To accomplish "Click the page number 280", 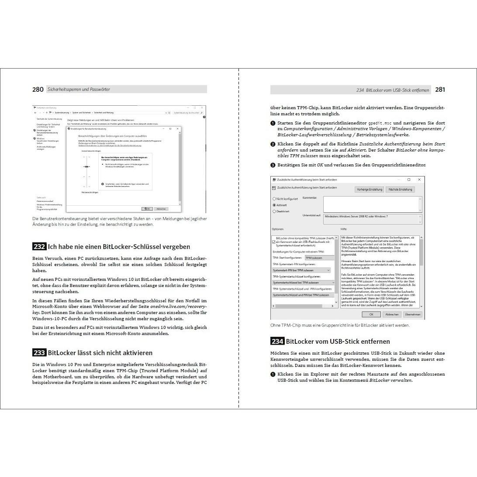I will click(x=38, y=90).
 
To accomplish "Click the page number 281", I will click(x=440, y=90).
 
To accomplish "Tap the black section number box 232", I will click(x=39, y=247).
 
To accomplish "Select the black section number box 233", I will click(x=39, y=353).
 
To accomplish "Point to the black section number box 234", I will click(x=277, y=342).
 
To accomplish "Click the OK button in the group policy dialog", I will click(x=371, y=314).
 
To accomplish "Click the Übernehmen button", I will click(x=412, y=314).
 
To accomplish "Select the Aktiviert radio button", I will click(x=274, y=205).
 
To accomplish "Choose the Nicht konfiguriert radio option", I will click(x=274, y=199).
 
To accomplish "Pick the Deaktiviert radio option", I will click(x=274, y=211).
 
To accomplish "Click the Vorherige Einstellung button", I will click(x=370, y=190).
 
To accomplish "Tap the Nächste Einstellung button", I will click(x=400, y=190).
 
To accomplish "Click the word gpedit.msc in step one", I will click(x=380, y=123).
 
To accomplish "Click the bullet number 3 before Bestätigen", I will click(x=273, y=165).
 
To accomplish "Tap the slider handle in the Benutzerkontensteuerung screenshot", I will click(x=87, y=166).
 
